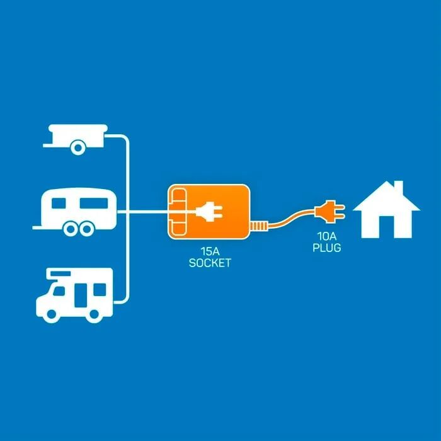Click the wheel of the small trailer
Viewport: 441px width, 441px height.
pyautogui.click(x=78, y=148)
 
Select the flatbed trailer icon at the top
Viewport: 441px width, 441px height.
pyautogui.click(x=76, y=137)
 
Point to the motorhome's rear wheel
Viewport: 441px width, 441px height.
pyautogui.click(x=95, y=312)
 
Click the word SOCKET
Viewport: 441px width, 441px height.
pyautogui.click(x=210, y=263)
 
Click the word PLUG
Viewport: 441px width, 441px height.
pyautogui.click(x=326, y=248)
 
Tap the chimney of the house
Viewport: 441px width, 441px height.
pyautogui.click(x=398, y=188)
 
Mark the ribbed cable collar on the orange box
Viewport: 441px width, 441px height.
pyautogui.click(x=258, y=226)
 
